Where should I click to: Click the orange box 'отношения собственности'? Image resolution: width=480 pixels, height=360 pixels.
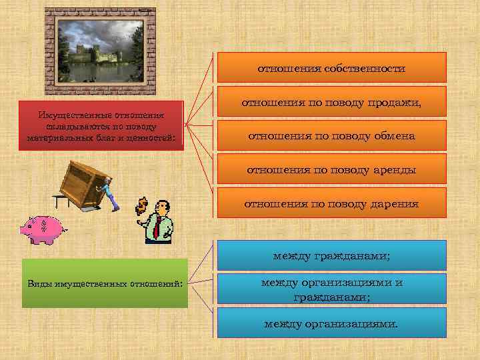(x=331, y=67)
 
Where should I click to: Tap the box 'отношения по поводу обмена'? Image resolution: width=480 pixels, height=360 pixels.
(x=331, y=135)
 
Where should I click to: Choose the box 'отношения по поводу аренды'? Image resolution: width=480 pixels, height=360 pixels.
(x=331, y=169)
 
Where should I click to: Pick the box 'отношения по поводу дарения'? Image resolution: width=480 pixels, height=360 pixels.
(x=331, y=203)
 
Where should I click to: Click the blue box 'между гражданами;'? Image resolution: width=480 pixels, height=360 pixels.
(x=331, y=255)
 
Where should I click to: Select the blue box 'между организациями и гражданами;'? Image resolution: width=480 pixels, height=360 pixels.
(x=331, y=289)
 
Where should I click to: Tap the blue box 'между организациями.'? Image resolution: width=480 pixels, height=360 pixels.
(x=331, y=323)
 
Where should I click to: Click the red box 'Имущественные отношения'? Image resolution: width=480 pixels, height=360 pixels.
(x=101, y=125)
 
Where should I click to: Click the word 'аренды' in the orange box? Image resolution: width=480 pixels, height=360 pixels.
(x=393, y=169)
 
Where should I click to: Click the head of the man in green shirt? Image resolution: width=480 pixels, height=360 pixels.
(x=162, y=208)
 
